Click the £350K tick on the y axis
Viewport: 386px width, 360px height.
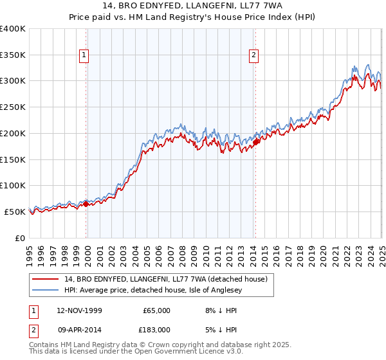coord(13,55)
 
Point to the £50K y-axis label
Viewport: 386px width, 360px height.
coord(15,212)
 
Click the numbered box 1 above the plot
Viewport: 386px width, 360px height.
coord(84,56)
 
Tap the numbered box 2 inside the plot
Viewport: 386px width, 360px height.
coord(254,56)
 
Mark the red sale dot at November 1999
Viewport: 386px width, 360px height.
coord(86,204)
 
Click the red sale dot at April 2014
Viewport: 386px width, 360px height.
coord(255,142)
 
